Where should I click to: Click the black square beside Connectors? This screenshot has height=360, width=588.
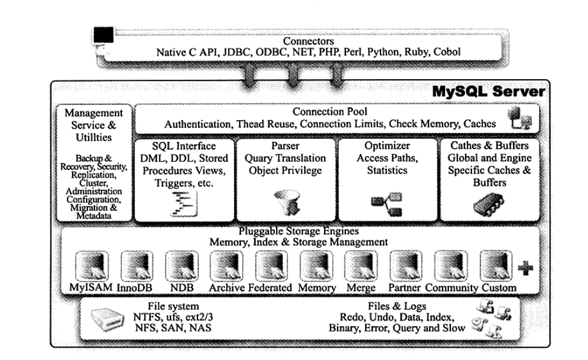click(104, 36)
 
